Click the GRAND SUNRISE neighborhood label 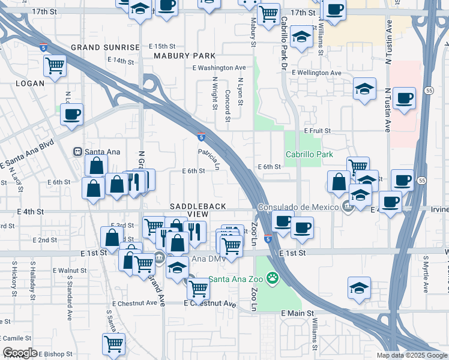[105, 47]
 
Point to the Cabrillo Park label [309, 154]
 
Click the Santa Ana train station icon [77, 152]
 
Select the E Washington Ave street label [219, 68]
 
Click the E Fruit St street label [318, 130]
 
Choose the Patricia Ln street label [209, 160]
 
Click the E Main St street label [297, 313]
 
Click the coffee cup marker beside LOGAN [71, 115]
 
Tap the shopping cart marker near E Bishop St [113, 344]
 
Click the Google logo [20, 353]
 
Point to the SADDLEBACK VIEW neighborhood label [197, 210]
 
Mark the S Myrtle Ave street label [425, 274]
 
